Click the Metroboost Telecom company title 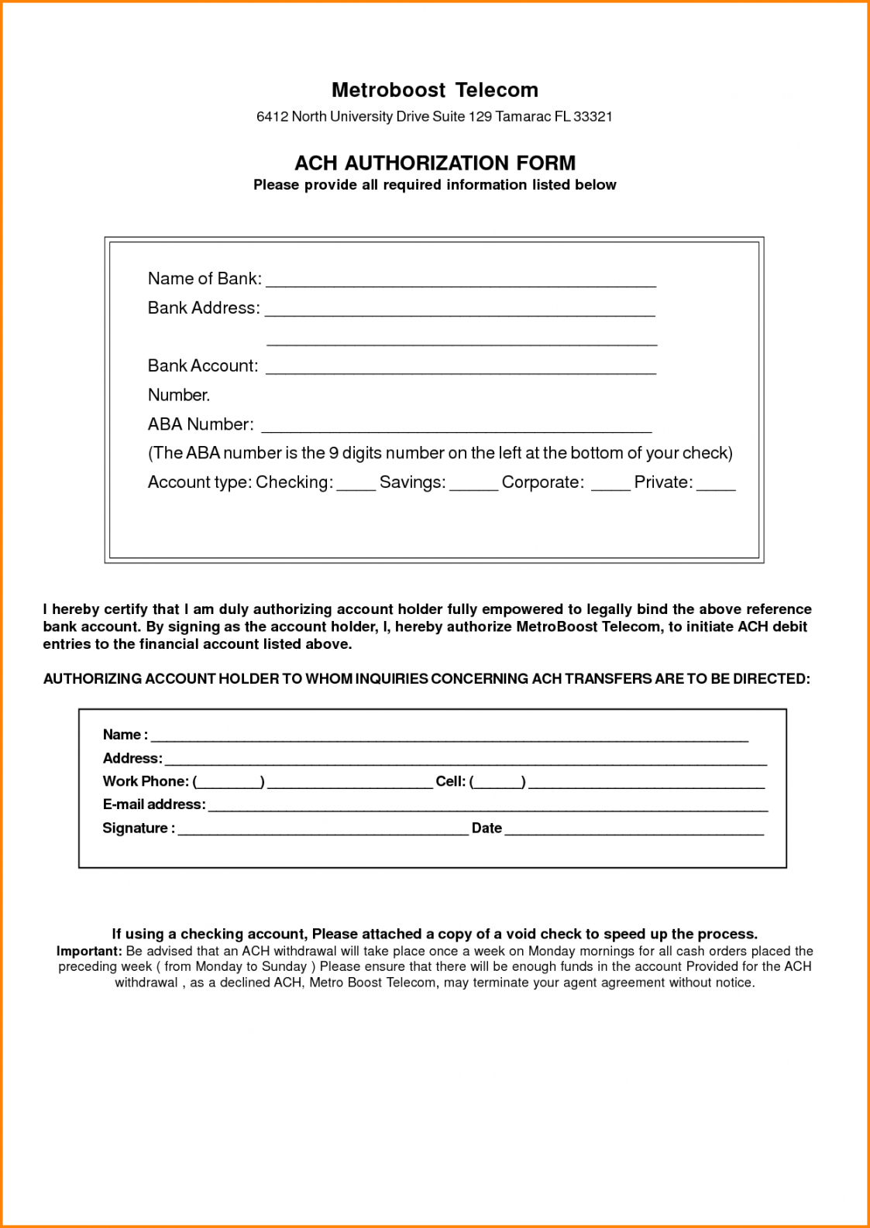pyautogui.click(x=435, y=90)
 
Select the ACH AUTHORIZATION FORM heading pyautogui.click(x=435, y=163)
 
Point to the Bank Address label pyautogui.click(x=204, y=308)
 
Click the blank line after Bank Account pyautogui.click(x=461, y=369)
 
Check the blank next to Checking pyautogui.click(x=356, y=485)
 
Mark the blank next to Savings pyautogui.click(x=473, y=485)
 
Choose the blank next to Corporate pyautogui.click(x=610, y=485)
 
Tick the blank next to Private pyautogui.click(x=716, y=485)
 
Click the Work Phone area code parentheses pyautogui.click(x=229, y=782)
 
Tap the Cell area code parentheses pyautogui.click(x=497, y=782)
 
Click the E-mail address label pyautogui.click(x=154, y=804)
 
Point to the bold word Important pyautogui.click(x=88, y=951)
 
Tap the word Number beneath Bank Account pyautogui.click(x=179, y=395)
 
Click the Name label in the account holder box pyautogui.click(x=122, y=735)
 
